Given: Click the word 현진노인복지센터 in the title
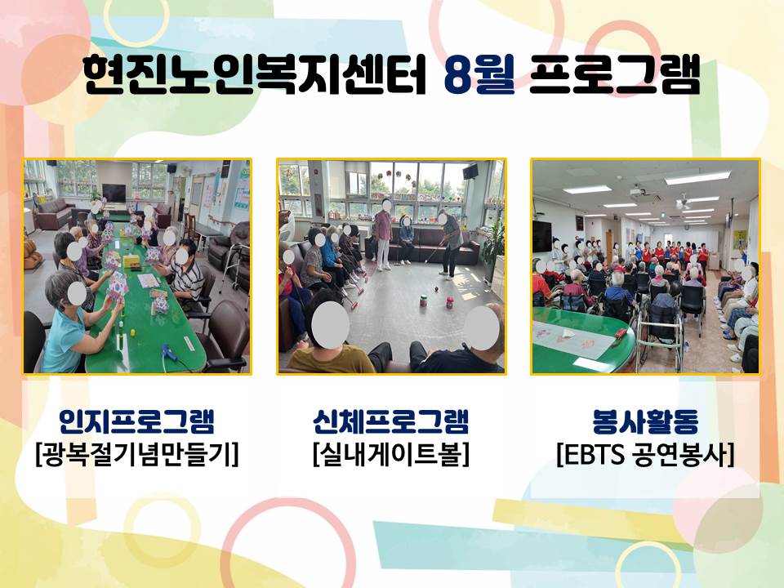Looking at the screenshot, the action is pos(255,75).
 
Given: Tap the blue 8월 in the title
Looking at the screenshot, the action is pos(479,75).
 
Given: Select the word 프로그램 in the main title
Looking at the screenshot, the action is pos(614,75).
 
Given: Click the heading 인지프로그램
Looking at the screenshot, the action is pos(136,421).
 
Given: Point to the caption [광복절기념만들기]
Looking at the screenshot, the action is pos(137,455).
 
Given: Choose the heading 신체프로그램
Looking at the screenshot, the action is pos(390,421).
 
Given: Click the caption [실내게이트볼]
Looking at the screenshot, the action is pos(391,455).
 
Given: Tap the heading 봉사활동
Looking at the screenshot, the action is pos(645,421).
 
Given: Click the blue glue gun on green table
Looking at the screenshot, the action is pos(170,353).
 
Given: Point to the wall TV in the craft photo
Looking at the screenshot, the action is pos(114,193).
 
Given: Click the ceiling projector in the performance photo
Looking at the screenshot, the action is pos(636,191).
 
